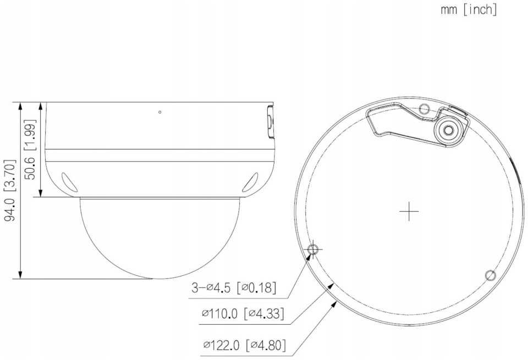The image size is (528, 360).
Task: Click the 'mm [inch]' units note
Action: tap(469, 10)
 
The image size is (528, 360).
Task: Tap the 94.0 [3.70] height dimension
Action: tap(10, 190)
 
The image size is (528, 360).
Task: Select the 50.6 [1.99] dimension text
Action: tap(30, 149)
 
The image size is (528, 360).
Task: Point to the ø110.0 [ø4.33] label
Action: tap(243, 314)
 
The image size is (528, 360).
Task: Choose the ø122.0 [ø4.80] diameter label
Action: tap(245, 345)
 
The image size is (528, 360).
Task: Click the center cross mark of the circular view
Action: tap(409, 212)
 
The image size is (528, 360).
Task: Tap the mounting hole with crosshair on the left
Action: tap(313, 250)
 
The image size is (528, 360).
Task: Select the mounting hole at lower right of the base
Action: tap(490, 275)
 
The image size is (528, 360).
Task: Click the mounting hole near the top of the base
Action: tap(424, 109)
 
